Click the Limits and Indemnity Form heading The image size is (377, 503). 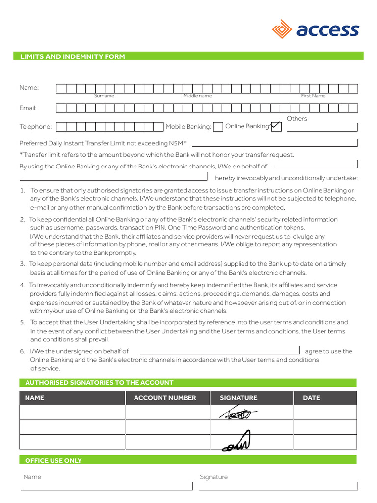pos(72,56)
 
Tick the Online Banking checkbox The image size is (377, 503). pos(276,127)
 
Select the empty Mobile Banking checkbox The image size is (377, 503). pos(218,127)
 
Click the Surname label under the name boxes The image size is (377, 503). pos(104,96)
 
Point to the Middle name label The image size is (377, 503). pos(197,96)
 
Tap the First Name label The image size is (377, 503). pos(313,96)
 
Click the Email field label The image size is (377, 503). pos(28,108)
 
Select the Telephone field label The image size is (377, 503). pos(35,127)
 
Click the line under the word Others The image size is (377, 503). pos(322,131)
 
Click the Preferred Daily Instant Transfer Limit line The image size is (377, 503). pos(274,146)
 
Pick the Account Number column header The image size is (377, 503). pos(165,398)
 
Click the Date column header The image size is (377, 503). pos(311,398)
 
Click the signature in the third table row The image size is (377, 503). pos(237,442)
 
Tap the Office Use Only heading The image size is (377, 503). pos(54,460)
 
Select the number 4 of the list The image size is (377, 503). pos(22,285)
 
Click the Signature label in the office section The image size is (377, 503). pos(214,477)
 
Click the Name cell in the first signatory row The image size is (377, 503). pos(72,413)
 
